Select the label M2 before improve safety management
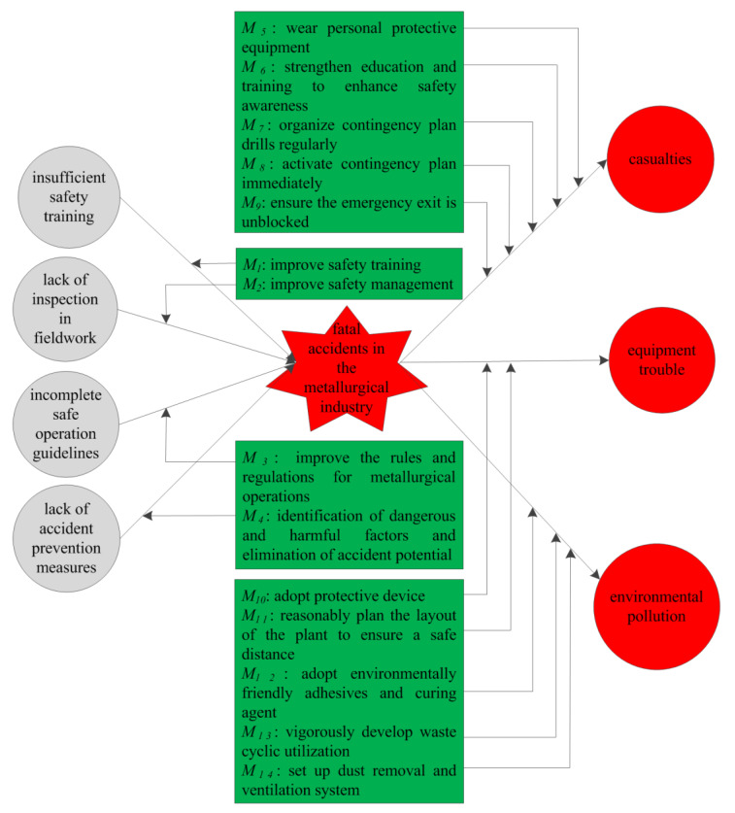click(x=252, y=284)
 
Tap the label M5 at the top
click(x=253, y=28)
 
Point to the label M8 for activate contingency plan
click(x=253, y=163)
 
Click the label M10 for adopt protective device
click(x=255, y=593)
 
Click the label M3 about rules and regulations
click(x=255, y=457)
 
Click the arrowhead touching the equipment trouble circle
click(x=603, y=360)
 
